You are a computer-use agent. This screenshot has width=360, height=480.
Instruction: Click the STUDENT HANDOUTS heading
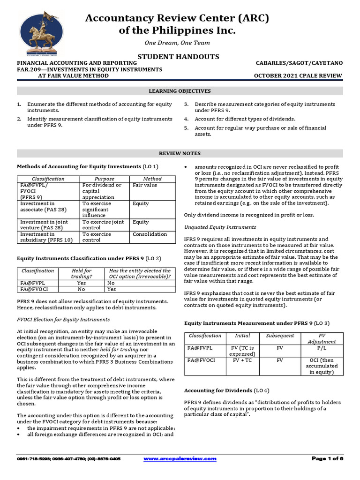tap(178, 56)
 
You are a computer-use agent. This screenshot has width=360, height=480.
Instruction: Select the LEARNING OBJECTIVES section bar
tap(180, 90)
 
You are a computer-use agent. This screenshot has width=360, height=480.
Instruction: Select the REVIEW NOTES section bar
tap(180, 153)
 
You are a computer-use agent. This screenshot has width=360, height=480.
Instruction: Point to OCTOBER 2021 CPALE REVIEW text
tap(298, 76)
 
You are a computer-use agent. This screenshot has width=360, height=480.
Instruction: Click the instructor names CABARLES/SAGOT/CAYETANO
tap(299, 63)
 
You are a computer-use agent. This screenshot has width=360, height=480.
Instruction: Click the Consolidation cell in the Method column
tap(150, 234)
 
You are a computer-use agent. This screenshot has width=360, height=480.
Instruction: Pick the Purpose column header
tap(104, 179)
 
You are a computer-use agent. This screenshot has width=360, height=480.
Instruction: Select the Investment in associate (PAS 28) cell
tap(37, 207)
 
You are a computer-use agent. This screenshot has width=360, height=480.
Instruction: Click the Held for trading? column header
tap(82, 274)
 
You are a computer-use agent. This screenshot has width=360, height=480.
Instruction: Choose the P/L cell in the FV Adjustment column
tap(321, 348)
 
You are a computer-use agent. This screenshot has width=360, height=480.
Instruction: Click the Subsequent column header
tap(280, 336)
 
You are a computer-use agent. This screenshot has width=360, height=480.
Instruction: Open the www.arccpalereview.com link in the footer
tap(180, 458)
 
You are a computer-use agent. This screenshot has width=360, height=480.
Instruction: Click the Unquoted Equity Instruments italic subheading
tap(220, 227)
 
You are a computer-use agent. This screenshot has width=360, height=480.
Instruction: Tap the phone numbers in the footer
tap(69, 458)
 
